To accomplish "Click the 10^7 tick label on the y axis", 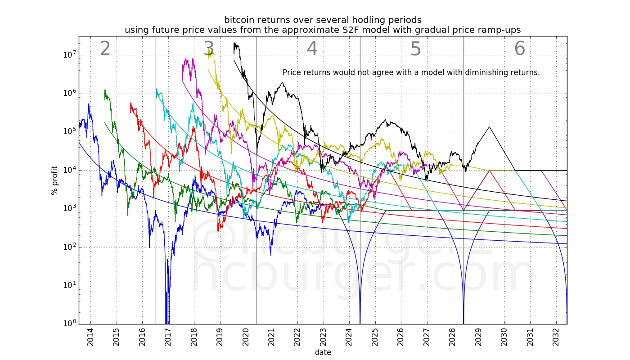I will (69, 55).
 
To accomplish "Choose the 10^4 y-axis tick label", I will (69, 171).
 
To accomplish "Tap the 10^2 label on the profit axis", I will (69, 247).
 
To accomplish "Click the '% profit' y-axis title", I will (54, 180).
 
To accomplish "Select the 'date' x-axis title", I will (323, 352).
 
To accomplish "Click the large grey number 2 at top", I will (105, 49).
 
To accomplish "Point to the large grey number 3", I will (208, 49).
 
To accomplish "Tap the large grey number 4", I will (312, 49).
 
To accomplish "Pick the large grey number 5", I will (415, 49).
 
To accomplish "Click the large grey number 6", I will (519, 49).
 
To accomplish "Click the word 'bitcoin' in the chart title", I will (238, 20).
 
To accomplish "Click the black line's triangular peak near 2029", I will (489, 127).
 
